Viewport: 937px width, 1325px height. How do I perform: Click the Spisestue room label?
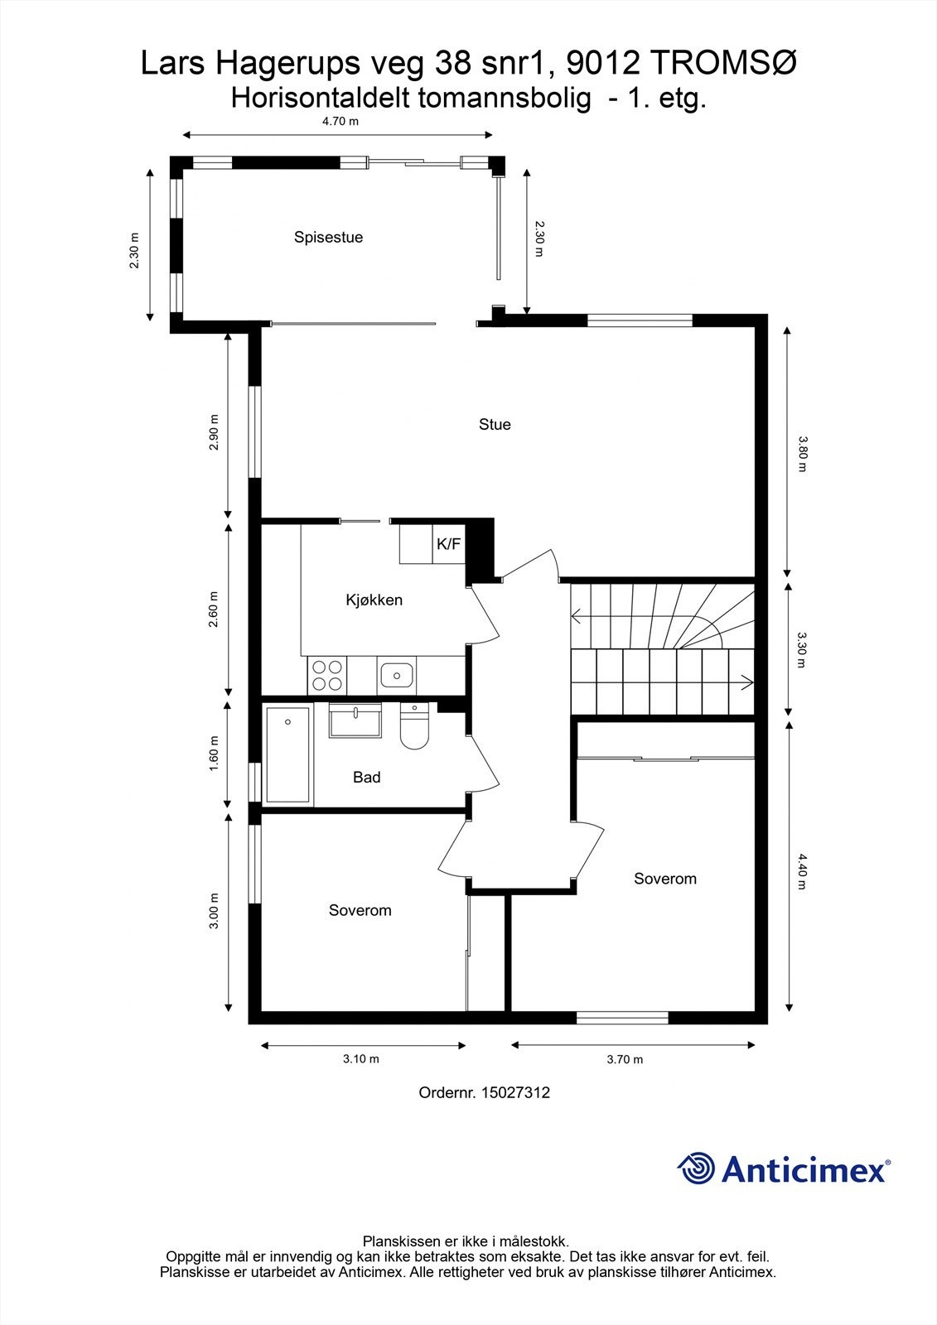pos(328,238)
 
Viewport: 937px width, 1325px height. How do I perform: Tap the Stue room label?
pos(495,425)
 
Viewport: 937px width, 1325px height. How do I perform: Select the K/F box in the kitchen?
pos(448,544)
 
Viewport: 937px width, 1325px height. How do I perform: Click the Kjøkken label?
pos(374,600)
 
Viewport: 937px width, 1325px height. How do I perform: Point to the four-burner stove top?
pos(326,675)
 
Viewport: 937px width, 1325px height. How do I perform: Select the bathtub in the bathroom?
pos(288,754)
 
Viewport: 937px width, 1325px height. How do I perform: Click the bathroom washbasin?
pos(355,720)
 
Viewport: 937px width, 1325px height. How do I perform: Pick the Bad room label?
pos(366,777)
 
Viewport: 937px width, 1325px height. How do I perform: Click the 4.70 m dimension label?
pos(340,121)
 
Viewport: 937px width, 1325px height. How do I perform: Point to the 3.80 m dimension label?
pos(801,453)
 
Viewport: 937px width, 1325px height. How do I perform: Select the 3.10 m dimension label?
pos(361,1058)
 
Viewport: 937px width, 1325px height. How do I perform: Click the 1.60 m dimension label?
pos(214,754)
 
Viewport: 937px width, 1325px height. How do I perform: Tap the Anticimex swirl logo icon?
pos(697,1169)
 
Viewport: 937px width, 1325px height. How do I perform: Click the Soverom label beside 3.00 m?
pos(360,910)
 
